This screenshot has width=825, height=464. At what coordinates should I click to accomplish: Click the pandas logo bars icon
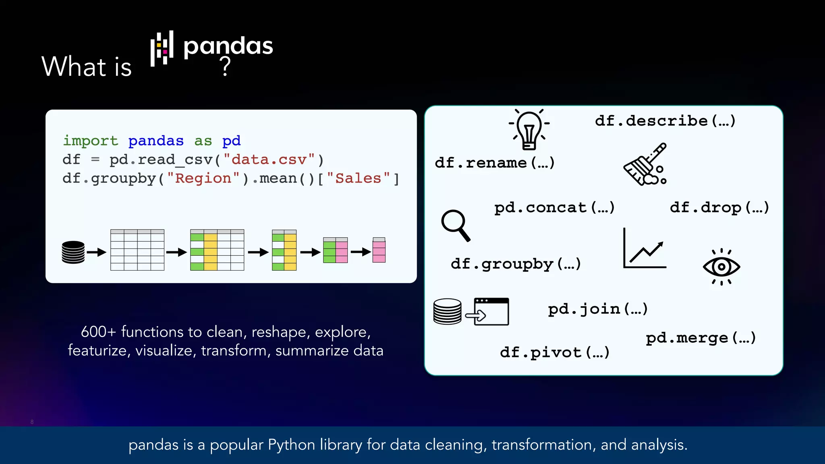click(x=162, y=48)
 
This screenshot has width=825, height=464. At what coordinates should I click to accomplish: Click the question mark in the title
click(x=226, y=66)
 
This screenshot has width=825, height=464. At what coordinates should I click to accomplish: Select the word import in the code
click(x=91, y=141)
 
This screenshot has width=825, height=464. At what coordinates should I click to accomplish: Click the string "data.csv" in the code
click(x=269, y=159)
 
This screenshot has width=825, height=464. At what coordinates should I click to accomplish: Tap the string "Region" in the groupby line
click(x=203, y=178)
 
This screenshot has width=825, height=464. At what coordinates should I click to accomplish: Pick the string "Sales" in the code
click(x=358, y=178)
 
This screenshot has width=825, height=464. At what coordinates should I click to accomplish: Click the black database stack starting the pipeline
click(x=73, y=252)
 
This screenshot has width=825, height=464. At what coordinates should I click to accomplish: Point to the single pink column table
click(x=379, y=250)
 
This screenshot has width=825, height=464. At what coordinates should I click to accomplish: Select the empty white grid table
click(x=137, y=250)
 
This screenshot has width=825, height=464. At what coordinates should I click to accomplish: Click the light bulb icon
click(x=529, y=129)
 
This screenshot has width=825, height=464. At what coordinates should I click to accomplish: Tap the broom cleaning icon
click(x=645, y=165)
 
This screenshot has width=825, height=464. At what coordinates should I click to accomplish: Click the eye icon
click(x=721, y=267)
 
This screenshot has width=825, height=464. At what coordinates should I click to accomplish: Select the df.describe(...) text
click(x=665, y=120)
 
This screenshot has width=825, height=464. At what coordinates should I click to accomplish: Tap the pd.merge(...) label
click(x=701, y=338)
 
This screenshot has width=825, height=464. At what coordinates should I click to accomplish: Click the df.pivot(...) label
click(x=554, y=352)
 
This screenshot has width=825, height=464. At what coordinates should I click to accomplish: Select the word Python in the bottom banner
click(x=291, y=445)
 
